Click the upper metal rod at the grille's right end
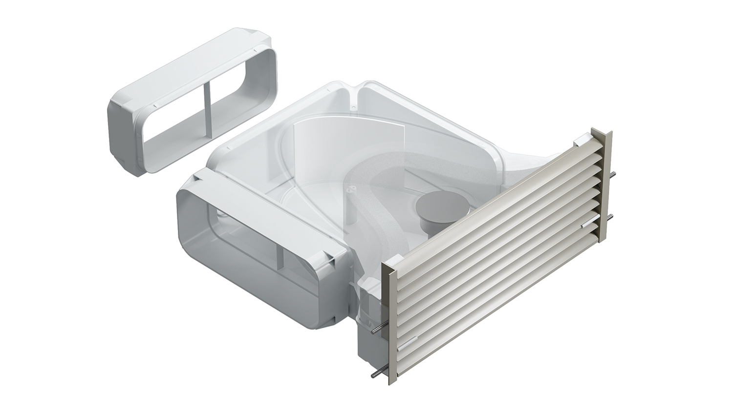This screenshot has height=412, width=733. click(613, 177)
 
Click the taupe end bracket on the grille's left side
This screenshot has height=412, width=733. click(389, 322)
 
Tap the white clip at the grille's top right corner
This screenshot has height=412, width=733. click(581, 141)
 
